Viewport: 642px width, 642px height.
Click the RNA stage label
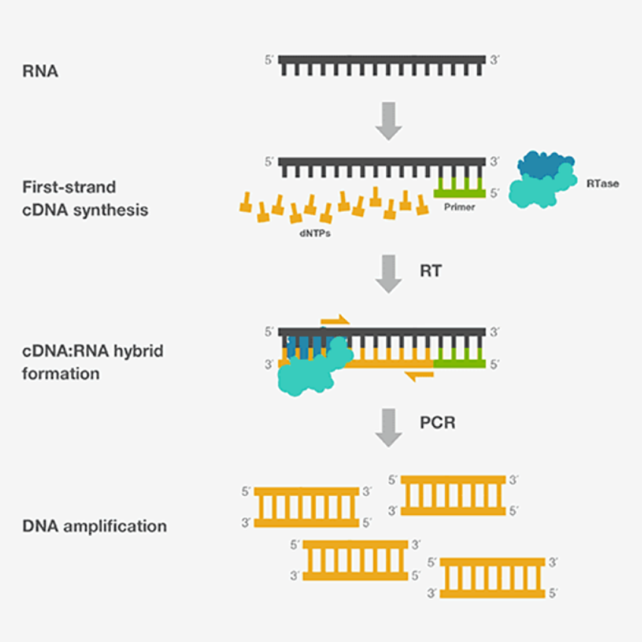pos(40,71)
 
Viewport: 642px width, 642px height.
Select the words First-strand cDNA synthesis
pos(85,199)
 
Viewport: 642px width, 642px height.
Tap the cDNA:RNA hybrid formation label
pos(93,363)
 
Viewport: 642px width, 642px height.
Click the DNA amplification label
pos(95,526)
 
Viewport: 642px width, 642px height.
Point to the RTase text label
pos(602,184)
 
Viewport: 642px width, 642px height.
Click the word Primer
pos(460,207)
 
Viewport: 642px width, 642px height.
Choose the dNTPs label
pos(315,234)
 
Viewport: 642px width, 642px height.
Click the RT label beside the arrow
pos(431,271)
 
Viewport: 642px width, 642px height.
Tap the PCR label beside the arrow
pos(438,423)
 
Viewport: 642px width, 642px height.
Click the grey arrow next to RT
pos(389,274)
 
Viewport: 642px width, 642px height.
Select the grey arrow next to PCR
pos(389,427)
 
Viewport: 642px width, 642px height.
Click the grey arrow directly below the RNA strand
pos(389,121)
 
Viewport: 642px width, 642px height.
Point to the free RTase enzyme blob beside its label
pos(543,180)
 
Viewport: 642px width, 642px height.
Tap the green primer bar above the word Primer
pos(460,193)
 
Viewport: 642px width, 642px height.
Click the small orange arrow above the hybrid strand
pos(335,320)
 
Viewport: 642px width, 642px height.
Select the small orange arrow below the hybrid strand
pos(419,376)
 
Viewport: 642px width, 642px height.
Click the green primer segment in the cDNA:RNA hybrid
pos(460,363)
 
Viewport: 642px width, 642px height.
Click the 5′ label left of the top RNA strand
pos(269,60)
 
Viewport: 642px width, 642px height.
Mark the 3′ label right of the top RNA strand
pos(495,60)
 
